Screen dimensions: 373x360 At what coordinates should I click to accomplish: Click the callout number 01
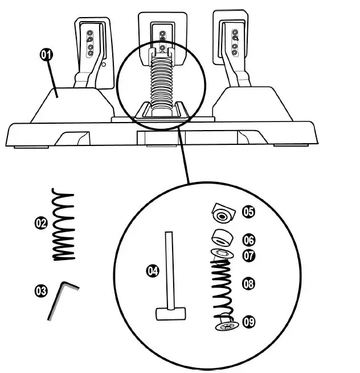pos(46,55)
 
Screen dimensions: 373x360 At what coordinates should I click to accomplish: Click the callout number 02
pos(40,224)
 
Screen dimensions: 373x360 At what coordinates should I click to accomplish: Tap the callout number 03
pos(40,291)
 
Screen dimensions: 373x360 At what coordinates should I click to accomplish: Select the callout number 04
pos(152,271)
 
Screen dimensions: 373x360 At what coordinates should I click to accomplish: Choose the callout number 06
pos(248,241)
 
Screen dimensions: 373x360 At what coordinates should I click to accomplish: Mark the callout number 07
pos(248,256)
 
